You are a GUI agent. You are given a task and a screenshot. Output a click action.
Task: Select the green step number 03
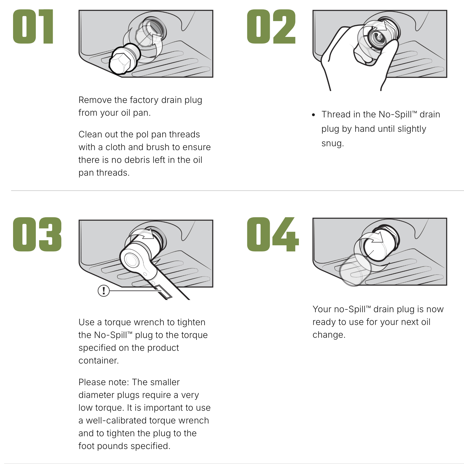tap(37, 234)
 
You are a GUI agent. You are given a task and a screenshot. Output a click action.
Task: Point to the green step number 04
tap(273, 234)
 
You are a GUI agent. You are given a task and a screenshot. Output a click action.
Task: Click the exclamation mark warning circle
tap(104, 291)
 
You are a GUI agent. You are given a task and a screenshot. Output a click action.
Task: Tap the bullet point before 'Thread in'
tap(314, 115)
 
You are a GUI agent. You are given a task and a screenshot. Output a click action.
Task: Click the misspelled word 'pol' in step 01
tap(142, 135)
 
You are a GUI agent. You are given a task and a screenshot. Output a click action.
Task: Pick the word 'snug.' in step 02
tap(332, 144)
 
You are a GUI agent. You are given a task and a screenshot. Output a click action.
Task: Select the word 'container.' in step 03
tap(99, 360)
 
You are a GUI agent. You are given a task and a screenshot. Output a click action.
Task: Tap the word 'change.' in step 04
tap(329, 335)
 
